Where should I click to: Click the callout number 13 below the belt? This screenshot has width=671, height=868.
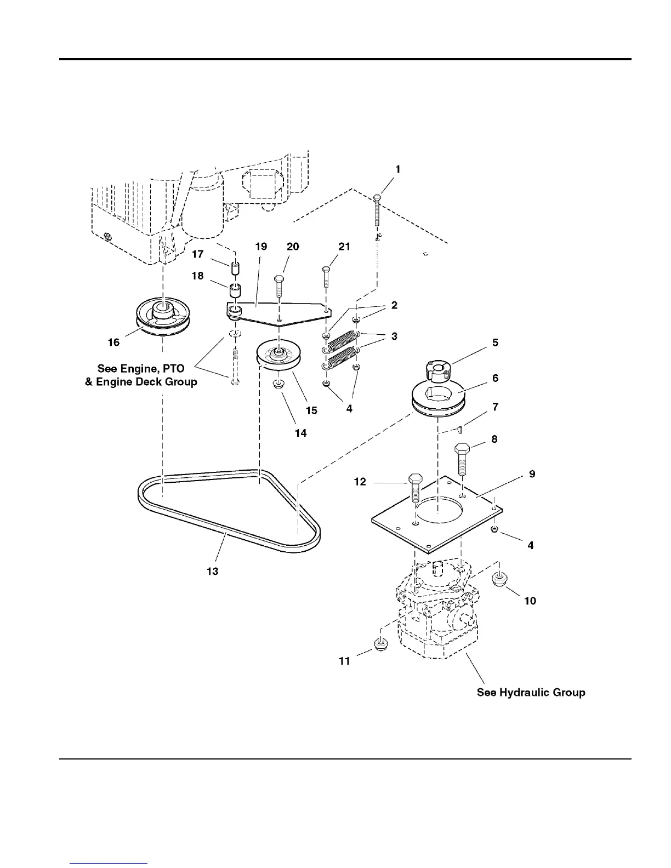pos(212,571)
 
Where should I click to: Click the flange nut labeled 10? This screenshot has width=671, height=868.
pos(499,579)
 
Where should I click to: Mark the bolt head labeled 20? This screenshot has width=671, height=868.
pos(278,280)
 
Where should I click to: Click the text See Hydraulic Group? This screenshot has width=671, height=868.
pos(531,692)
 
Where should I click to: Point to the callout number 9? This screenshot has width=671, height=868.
pos(531,473)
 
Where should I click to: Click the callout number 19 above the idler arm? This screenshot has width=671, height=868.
pos(261,247)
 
